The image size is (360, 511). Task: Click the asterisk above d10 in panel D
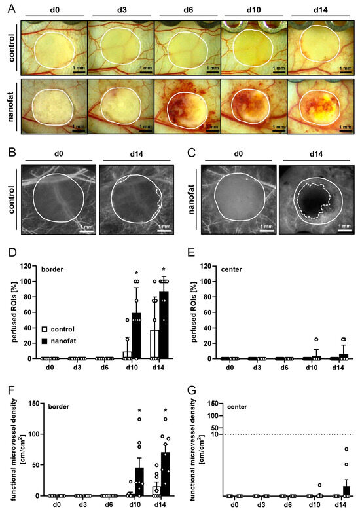[137, 273]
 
